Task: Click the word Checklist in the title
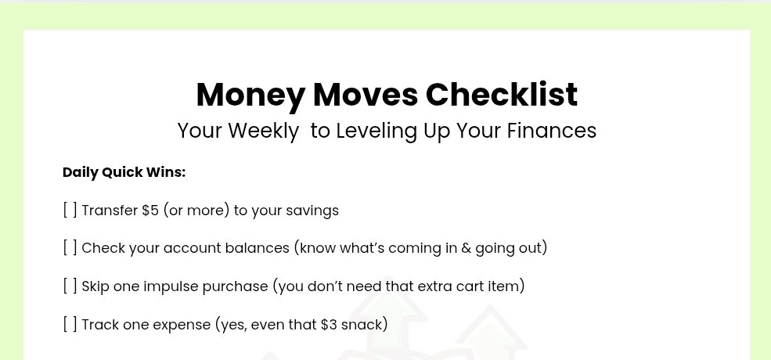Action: tap(501, 95)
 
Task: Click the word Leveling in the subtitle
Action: tap(376, 131)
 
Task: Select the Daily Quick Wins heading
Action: tap(124, 173)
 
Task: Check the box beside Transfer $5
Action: tap(70, 211)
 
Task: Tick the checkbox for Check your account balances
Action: tap(70, 248)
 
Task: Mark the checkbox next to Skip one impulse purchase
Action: tap(70, 286)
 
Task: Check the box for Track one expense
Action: tap(70, 325)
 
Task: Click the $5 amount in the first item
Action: tap(150, 211)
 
